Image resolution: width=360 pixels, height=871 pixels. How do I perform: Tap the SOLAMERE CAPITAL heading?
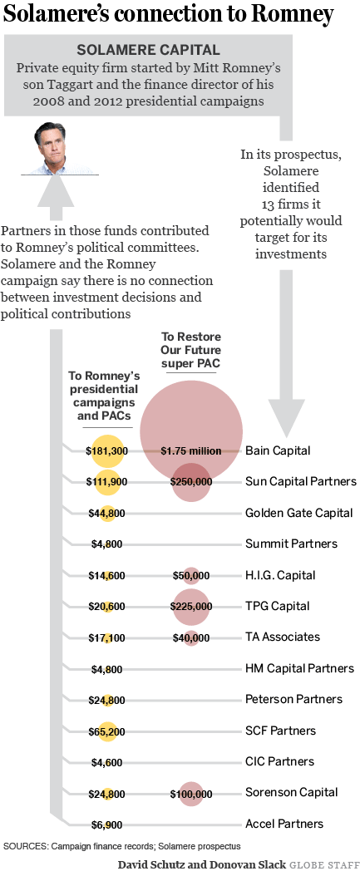pos(148,51)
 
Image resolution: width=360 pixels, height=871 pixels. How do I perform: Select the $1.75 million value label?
pos(191,451)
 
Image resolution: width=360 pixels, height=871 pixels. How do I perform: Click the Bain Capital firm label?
pos(278,450)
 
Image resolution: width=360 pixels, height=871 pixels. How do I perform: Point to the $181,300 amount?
pos(106,451)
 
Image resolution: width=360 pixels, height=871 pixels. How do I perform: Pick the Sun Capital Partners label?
pos(301,481)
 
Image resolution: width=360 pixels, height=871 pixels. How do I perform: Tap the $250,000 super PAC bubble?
pos(191,482)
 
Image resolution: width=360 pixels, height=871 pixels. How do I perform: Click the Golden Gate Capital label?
pos(298,513)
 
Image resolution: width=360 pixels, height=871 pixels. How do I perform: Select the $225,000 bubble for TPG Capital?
pos(191,607)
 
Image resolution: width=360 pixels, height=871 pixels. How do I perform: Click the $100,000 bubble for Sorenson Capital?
pos(191,794)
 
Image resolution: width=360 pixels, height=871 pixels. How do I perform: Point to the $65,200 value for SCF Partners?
pos(106,731)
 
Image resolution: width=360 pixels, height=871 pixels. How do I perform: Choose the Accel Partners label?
pos(284,824)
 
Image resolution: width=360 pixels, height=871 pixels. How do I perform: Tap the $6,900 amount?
pos(106,825)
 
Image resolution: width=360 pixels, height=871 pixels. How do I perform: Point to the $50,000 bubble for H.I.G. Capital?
pos(191,575)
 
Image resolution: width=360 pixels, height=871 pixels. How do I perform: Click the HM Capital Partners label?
pos(300,668)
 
